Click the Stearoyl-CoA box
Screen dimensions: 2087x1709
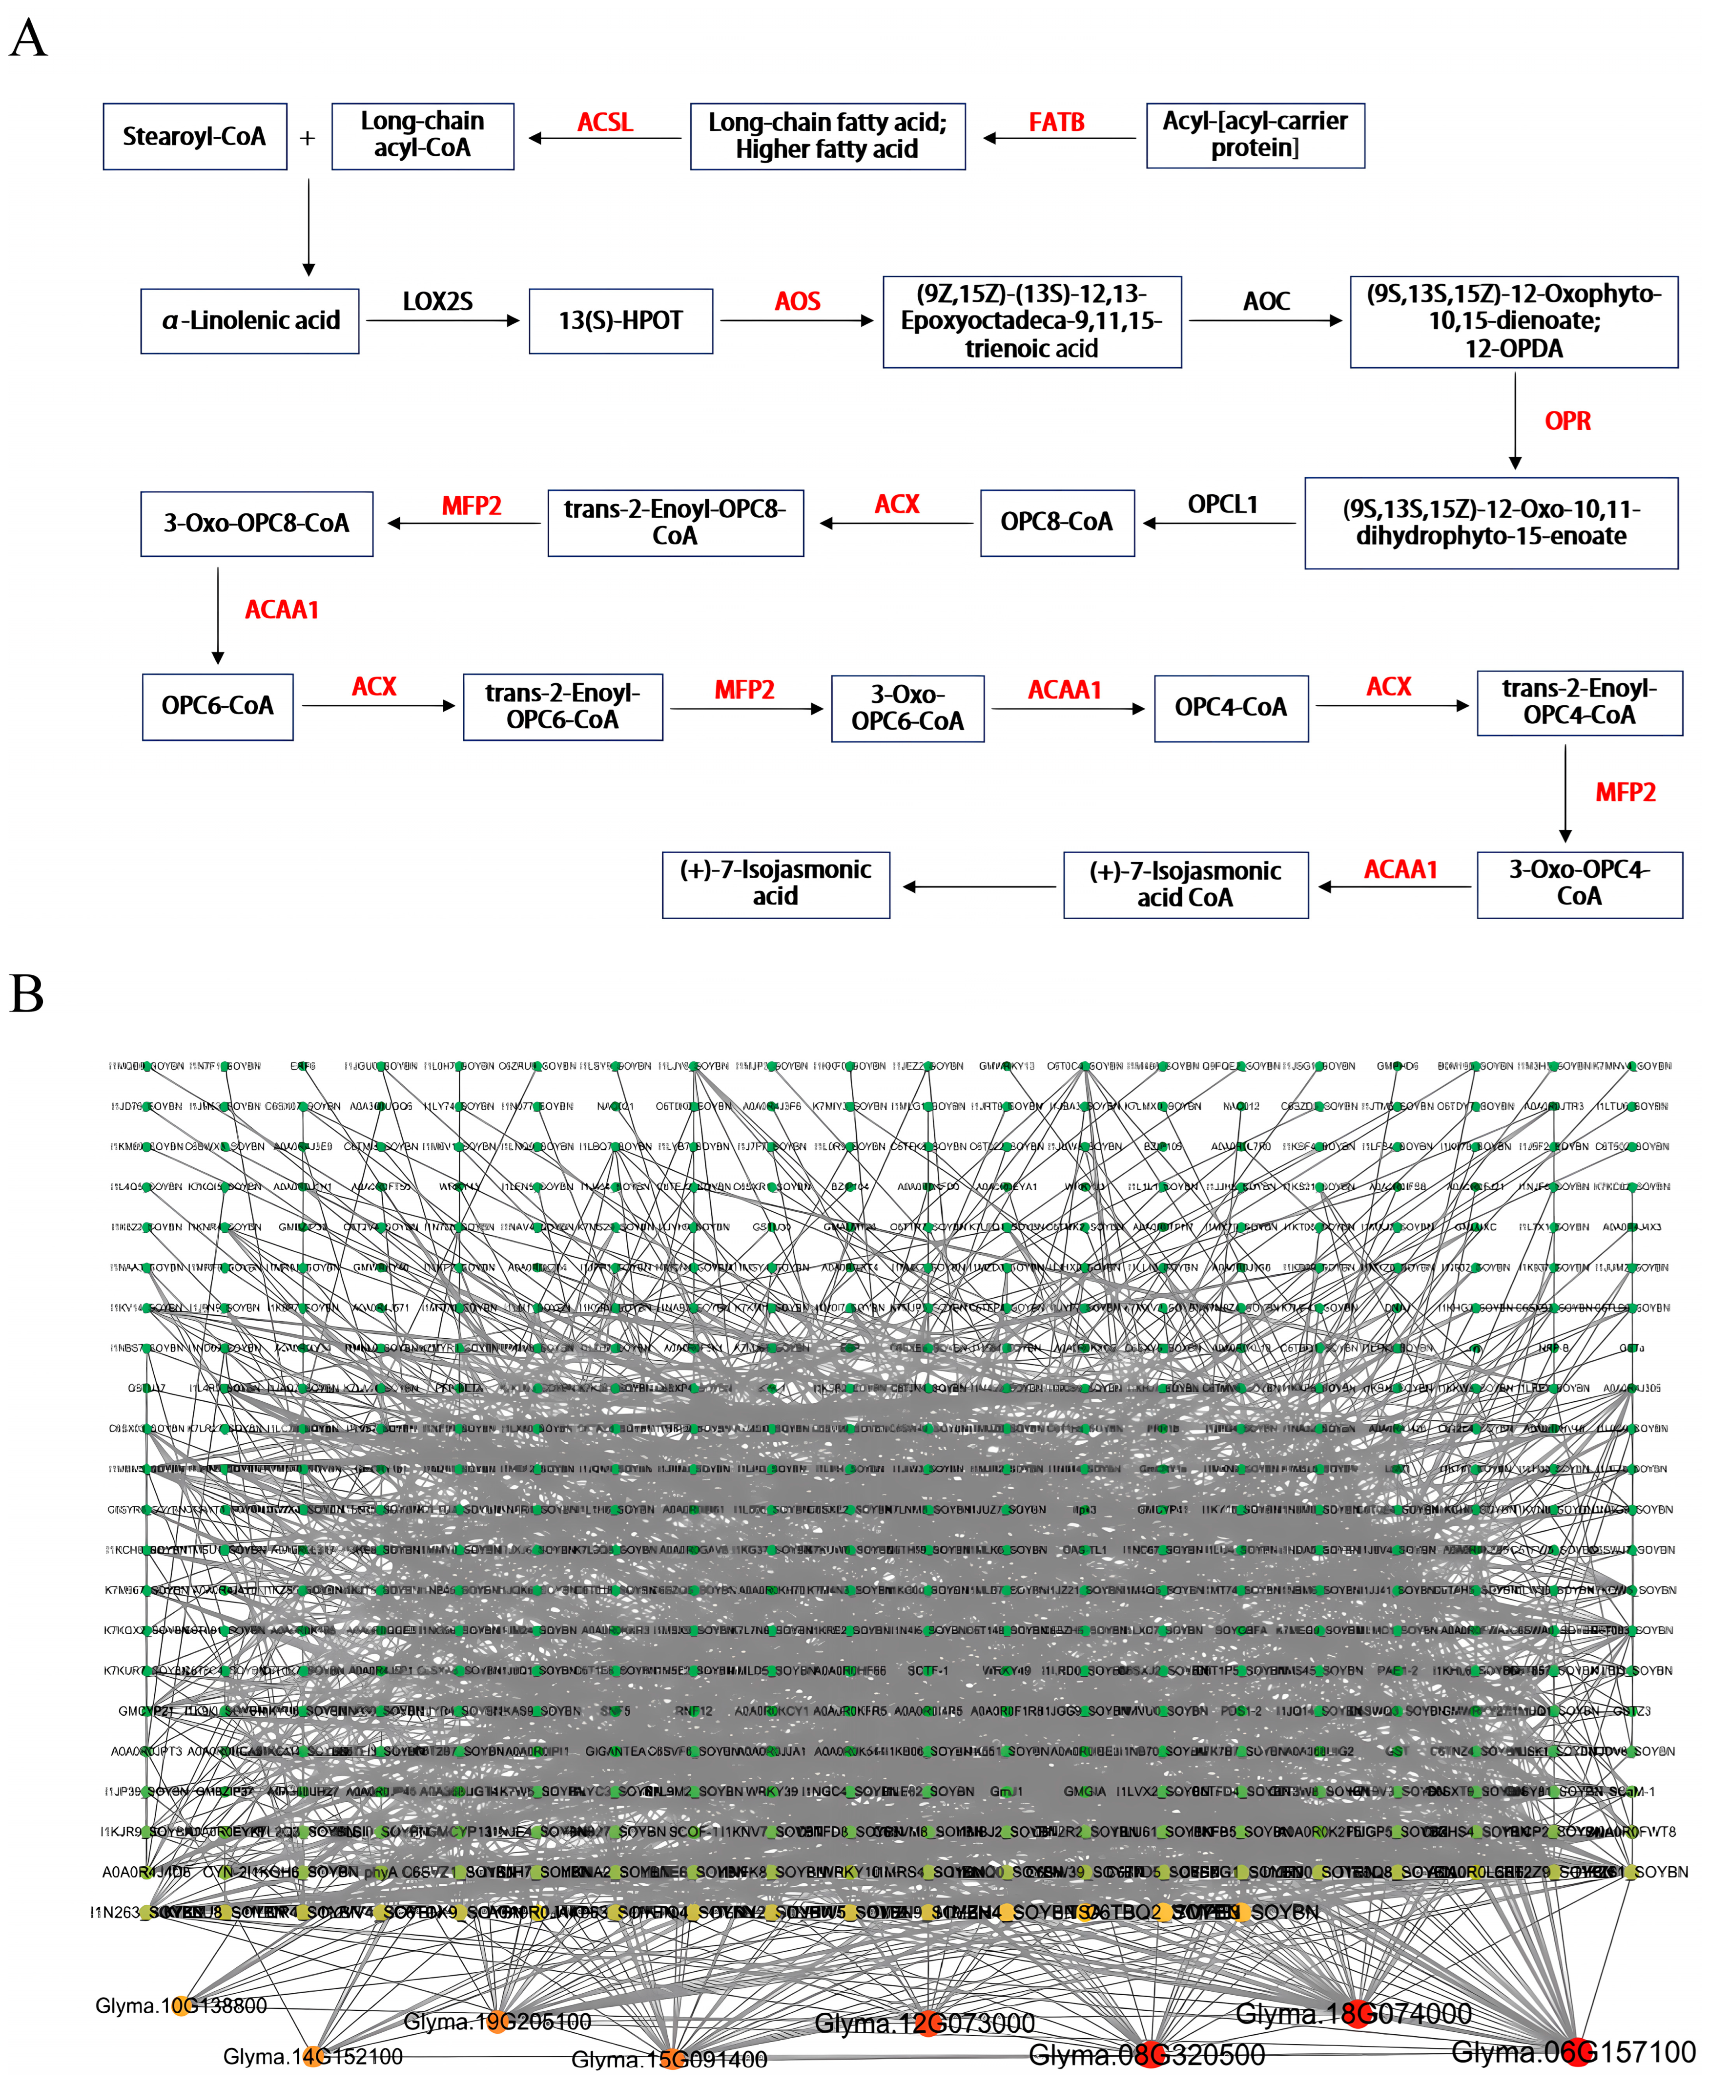195,137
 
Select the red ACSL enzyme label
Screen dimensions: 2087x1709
604,122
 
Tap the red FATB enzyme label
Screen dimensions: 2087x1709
1056,122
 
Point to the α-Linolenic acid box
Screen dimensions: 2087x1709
250,321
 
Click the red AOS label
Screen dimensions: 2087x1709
798,301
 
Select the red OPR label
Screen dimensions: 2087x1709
1567,421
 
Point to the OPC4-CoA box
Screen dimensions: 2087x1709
1231,707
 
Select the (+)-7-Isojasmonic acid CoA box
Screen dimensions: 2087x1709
1185,885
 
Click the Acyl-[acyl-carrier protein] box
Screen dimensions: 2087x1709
1255,135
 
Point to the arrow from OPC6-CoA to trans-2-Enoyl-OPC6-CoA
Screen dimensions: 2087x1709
378,705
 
